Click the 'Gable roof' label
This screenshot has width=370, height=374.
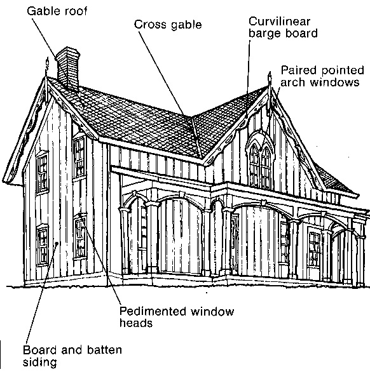[57, 11]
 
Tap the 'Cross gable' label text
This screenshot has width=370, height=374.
[168, 25]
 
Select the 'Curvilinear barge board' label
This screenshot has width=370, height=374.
[283, 27]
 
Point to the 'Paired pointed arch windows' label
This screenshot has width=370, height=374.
[322, 76]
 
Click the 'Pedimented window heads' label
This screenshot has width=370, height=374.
[177, 317]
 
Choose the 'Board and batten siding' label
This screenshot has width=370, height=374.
[72, 356]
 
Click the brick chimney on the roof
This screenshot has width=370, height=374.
[68, 69]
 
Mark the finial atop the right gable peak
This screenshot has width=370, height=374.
[270, 79]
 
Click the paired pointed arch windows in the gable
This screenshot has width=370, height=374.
[260, 164]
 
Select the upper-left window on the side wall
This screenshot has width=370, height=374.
[43, 173]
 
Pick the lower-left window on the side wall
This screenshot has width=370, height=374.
[43, 245]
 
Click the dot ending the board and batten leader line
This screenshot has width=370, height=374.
[57, 244]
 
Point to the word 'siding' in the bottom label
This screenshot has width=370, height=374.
[40, 363]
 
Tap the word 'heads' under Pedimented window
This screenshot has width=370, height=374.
[136, 323]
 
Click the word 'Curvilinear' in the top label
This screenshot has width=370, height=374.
[280, 22]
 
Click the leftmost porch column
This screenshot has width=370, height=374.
[124, 241]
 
